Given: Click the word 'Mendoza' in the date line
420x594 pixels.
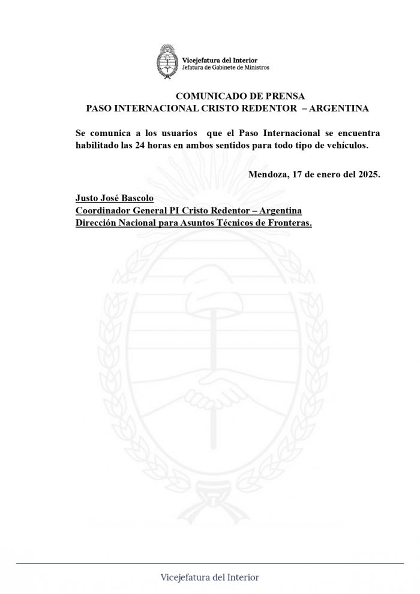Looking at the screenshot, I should tap(267, 174).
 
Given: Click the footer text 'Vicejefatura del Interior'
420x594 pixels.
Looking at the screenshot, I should tap(210, 578).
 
